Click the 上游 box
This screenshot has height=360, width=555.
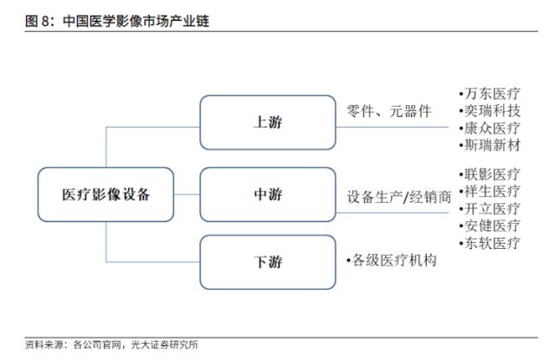pos(268,122)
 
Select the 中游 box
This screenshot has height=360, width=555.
pos(268,194)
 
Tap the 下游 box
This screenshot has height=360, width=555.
pos(268,262)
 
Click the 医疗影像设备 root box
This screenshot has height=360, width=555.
pos(106,194)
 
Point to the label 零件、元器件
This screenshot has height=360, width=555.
pos(388,112)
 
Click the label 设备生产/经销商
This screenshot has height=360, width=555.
pos(399,197)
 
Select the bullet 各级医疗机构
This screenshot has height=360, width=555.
pos(391,260)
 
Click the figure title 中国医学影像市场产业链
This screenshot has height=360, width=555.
pos(136,21)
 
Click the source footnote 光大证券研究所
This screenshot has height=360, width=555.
pos(165,344)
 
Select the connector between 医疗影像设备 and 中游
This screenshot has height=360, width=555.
pos(187,194)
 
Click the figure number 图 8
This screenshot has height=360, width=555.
pos(37,21)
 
